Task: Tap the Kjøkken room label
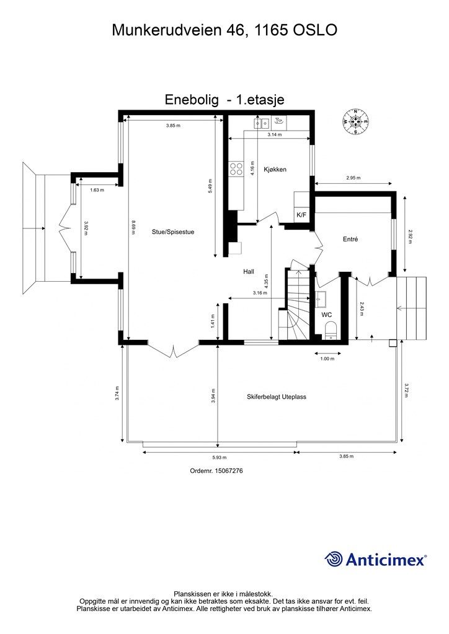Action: (275, 170)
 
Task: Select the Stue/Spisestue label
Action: (173, 232)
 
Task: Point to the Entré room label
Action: (351, 239)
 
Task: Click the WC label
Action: (327, 315)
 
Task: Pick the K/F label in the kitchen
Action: (301, 215)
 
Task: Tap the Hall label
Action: (249, 272)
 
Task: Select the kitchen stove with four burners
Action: (236, 169)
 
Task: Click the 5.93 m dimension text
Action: (218, 457)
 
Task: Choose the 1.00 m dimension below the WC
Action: (327, 358)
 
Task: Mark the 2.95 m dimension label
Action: (353, 178)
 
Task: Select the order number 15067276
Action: (216, 471)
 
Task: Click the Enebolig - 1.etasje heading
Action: (224, 99)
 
